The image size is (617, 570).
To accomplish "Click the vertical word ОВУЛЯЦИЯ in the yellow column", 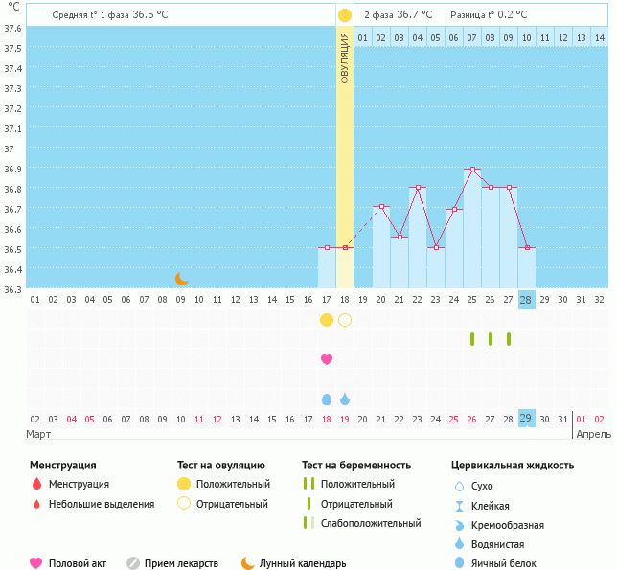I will (x=345, y=57).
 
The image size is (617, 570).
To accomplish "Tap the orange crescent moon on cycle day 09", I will (x=182, y=279).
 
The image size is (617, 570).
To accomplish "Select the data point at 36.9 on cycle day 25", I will (x=471, y=169).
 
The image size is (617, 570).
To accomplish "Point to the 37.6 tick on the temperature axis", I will (x=12, y=28).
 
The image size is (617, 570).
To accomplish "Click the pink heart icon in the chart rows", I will (x=327, y=359).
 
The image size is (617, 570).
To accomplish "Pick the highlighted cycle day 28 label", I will (x=526, y=300).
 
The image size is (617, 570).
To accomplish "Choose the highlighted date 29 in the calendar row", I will (x=526, y=419).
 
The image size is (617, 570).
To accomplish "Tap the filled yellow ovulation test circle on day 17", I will (x=327, y=320).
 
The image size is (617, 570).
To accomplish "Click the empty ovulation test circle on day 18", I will (x=345, y=320).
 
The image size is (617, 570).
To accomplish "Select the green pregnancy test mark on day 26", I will (x=490, y=339).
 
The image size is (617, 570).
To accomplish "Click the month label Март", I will (x=39, y=434).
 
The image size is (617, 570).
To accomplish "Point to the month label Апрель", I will (x=591, y=434).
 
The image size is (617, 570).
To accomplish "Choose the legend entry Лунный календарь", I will (x=304, y=563).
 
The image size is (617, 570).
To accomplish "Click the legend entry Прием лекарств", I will (x=181, y=563).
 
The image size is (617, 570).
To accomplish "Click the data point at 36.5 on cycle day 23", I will (x=435, y=248).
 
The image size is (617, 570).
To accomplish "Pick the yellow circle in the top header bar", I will (x=345, y=14).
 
